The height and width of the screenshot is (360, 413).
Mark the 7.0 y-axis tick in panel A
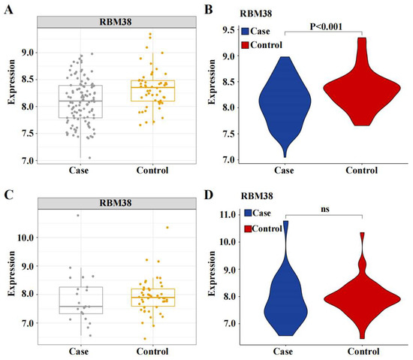27,160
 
